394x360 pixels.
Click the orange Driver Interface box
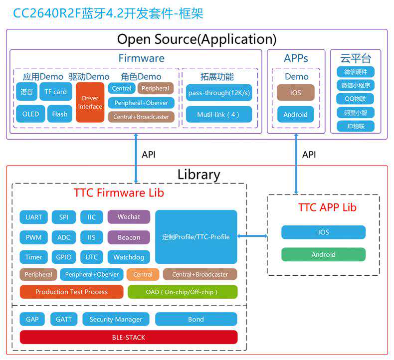[x=90, y=102]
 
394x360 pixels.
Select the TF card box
[x=55, y=92]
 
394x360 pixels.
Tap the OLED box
[x=30, y=114]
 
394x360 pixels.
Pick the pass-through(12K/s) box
[x=219, y=93]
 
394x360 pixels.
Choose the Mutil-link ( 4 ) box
[x=219, y=114]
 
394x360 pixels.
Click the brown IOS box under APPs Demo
[x=296, y=93]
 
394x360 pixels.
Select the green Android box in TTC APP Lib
[x=323, y=254]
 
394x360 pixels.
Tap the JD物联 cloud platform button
[x=355, y=126]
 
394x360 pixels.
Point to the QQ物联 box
[x=355, y=99]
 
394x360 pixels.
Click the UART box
[x=34, y=217]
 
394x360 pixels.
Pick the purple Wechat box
[x=129, y=217]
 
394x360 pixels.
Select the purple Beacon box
[x=129, y=237]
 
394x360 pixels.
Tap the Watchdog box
[x=129, y=257]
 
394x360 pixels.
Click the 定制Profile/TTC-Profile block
[x=196, y=237]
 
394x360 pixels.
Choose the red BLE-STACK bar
[x=129, y=338]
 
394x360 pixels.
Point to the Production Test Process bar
[x=71, y=292]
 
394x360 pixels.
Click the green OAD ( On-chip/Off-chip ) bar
[x=183, y=292]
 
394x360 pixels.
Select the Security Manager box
[x=116, y=319]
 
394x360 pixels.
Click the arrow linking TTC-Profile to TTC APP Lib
[x=252, y=237]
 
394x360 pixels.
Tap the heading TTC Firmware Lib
[x=119, y=193]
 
